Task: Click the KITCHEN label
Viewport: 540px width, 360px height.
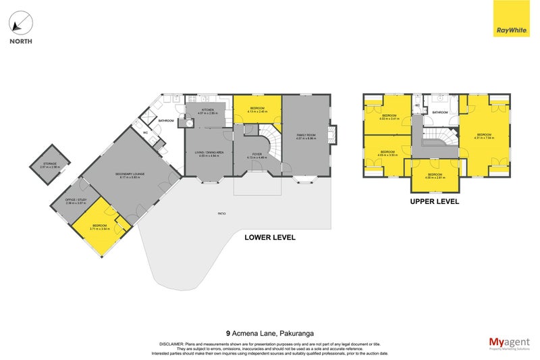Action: coord(208,109)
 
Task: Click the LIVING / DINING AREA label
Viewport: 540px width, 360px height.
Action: coord(209,153)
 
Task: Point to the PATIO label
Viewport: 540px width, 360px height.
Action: coord(221,214)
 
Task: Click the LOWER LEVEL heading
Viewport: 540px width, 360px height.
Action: coord(270,238)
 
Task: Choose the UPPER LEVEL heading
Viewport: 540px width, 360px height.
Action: coord(435,201)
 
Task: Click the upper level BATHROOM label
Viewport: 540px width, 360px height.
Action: coord(441,112)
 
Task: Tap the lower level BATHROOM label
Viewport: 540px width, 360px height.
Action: coord(166,121)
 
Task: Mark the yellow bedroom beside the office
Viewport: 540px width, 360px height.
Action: coord(99,228)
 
